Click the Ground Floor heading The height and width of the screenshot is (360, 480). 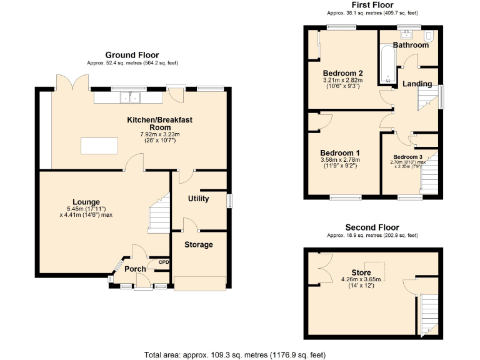click(132, 55)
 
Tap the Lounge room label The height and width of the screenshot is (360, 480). click(86, 201)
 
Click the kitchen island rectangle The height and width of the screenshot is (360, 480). click(99, 146)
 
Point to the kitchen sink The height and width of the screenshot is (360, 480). click(131, 97)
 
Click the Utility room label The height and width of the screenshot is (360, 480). click(199, 199)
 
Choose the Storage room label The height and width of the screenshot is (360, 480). click(198, 244)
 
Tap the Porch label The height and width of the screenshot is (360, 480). click(135, 269)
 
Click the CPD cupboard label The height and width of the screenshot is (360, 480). click(164, 262)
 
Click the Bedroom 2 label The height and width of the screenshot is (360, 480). click(342, 72)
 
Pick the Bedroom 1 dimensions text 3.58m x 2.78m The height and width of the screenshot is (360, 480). click(341, 160)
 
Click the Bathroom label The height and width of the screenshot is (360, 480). click(411, 45)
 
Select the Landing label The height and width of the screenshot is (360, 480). click(416, 84)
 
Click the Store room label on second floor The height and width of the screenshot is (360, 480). click(361, 272)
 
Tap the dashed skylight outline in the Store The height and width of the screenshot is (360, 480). click(376, 271)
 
